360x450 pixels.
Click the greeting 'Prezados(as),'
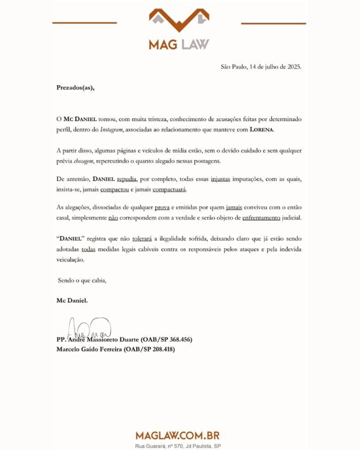tap(75, 88)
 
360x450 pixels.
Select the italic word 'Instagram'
tap(111, 130)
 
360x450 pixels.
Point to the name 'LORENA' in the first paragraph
tap(262, 130)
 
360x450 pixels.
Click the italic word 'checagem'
tap(84, 161)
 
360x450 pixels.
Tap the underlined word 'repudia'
tap(127, 179)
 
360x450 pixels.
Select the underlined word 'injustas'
tap(220, 179)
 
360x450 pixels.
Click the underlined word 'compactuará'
tap(169, 190)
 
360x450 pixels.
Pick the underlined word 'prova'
tap(162, 207)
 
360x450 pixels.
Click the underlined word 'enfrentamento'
tap(261, 218)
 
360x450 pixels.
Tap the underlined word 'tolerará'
tap(142, 239)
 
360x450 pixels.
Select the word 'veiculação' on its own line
tap(70, 260)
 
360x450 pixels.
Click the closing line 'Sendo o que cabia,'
tap(82, 280)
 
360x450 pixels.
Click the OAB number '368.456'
tap(180, 340)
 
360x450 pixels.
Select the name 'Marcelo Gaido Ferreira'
tap(89, 349)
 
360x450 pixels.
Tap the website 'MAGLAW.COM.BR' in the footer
tap(178, 435)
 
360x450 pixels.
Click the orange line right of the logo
tap(273, 23)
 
